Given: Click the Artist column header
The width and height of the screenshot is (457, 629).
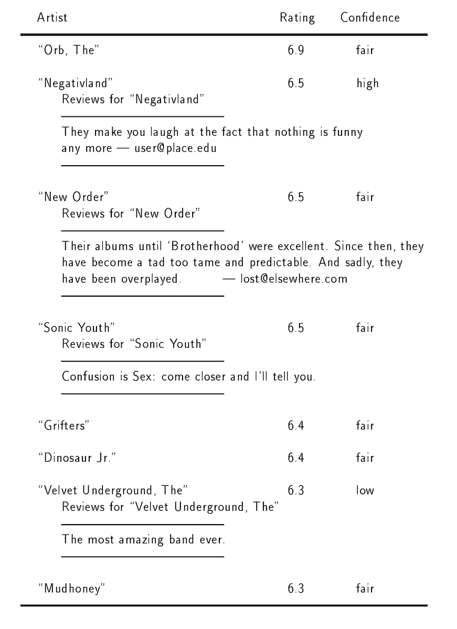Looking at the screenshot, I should (x=52, y=17).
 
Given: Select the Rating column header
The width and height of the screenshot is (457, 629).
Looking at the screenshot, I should (x=297, y=18).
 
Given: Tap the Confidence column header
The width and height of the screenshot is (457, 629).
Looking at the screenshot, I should (x=370, y=17).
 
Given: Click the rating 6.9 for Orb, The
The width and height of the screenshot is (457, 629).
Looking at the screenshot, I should (x=296, y=51).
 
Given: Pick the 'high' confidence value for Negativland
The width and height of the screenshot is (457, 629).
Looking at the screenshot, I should (x=367, y=83).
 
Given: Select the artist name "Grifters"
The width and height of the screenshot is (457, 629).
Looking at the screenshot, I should (x=63, y=426).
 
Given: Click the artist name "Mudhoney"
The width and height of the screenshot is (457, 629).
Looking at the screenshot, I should (x=71, y=588).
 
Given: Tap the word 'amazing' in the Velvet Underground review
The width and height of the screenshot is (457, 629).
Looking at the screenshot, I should (x=141, y=539).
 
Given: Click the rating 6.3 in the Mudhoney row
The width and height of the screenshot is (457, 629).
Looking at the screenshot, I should (x=296, y=588).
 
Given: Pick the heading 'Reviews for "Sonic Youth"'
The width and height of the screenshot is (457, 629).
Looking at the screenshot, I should (x=134, y=344).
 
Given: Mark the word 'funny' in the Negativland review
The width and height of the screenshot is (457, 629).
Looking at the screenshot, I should (x=348, y=132).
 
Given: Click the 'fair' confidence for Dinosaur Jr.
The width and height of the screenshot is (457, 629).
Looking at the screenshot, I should (x=365, y=458).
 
